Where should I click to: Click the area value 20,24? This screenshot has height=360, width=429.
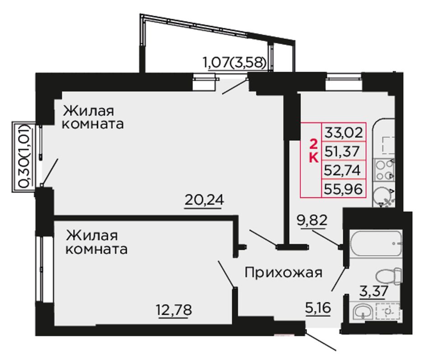tap(205, 200)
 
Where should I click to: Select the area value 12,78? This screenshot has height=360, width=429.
tap(174, 310)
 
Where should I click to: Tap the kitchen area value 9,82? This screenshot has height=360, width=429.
tap(312, 220)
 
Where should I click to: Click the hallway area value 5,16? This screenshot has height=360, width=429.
tap(318, 308)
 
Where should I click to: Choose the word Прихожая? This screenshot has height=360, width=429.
tap(284, 272)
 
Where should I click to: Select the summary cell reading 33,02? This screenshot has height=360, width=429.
tap(344, 132)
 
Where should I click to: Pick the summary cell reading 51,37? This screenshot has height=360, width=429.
tap(344, 151)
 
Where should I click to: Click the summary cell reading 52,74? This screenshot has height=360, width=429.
tap(344, 170)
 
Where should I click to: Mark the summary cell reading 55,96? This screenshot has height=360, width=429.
tap(344, 188)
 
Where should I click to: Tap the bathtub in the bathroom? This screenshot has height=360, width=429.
tap(376, 244)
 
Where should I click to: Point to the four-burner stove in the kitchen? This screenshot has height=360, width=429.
tap(384, 170)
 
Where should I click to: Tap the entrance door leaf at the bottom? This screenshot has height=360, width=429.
tap(321, 341)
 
